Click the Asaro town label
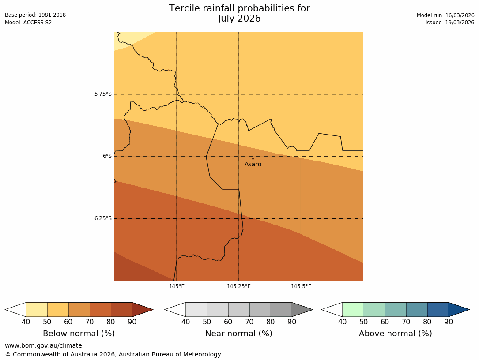253,165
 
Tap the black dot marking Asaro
253,159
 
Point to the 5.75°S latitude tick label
103,94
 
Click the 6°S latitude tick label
107,156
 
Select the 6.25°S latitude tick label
103,218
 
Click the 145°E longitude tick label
177,286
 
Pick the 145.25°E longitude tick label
239,286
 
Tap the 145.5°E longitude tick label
301,286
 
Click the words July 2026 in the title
239,19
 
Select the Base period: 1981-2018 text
35,15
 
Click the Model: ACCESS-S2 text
28,22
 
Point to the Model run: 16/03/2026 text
445,15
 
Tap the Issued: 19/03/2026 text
450,22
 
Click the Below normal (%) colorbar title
79,334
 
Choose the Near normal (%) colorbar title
239,334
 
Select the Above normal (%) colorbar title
396,334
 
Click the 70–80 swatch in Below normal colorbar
100,309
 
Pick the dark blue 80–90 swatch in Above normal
438,309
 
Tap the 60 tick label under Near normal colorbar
228,322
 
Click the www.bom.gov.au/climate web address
43,345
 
